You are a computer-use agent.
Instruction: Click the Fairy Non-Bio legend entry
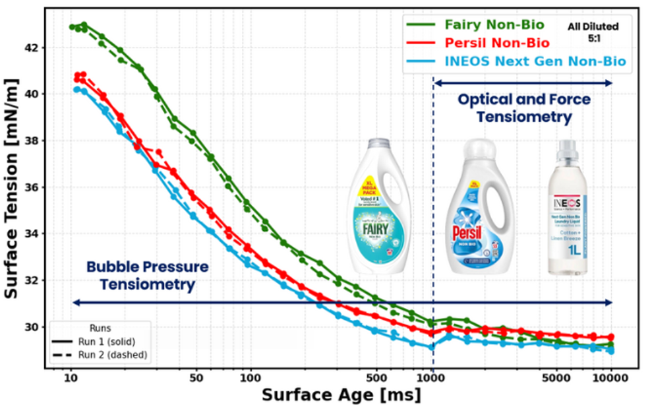coord(494,26)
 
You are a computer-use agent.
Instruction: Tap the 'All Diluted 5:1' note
coord(593,32)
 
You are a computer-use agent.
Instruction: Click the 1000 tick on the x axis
coord(432,378)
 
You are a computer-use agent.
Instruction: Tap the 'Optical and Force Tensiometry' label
coord(515,108)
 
